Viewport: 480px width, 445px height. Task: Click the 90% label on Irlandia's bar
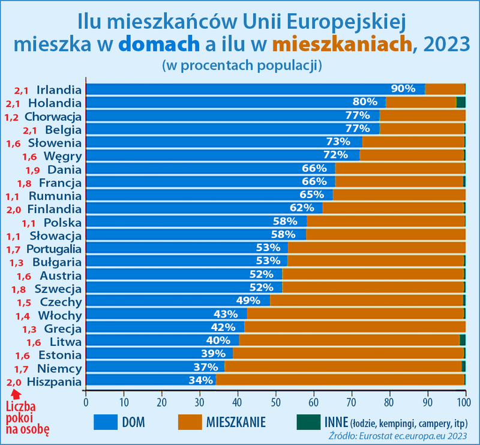403,89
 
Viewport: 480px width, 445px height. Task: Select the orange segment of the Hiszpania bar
340,380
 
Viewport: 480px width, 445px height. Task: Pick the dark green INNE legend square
305,422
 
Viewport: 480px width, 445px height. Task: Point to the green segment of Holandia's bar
461,102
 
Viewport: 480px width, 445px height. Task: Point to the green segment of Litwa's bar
463,340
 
